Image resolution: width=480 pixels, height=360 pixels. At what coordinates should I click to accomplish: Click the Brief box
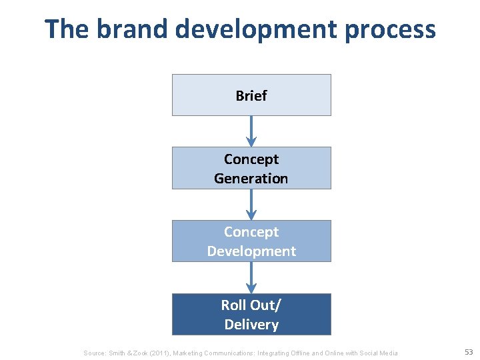pos(251,95)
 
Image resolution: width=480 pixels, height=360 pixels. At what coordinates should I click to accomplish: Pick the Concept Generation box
pos(251,168)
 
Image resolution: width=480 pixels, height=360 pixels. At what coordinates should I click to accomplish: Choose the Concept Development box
pos(251,241)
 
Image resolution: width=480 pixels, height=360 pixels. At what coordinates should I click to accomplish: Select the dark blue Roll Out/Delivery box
pos(251,314)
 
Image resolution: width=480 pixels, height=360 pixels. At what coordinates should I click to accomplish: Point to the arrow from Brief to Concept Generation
pos(251,131)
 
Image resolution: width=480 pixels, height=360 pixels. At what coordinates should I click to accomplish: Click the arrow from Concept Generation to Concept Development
pos(251,204)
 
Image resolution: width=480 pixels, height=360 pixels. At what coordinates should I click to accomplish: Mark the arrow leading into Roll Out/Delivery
pos(251,277)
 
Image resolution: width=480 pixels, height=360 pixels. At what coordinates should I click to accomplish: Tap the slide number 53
pos(469,352)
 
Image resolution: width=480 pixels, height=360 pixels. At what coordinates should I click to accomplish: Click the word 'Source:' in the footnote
pos(95,353)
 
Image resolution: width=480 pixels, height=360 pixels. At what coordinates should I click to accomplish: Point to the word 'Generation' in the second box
pos(251,179)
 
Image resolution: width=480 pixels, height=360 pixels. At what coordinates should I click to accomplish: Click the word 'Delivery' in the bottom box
pos(251,325)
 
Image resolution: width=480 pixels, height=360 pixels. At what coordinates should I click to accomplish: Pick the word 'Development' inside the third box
pos(251,251)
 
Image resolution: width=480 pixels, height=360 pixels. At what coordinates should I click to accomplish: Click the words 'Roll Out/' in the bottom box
pos(251,305)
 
